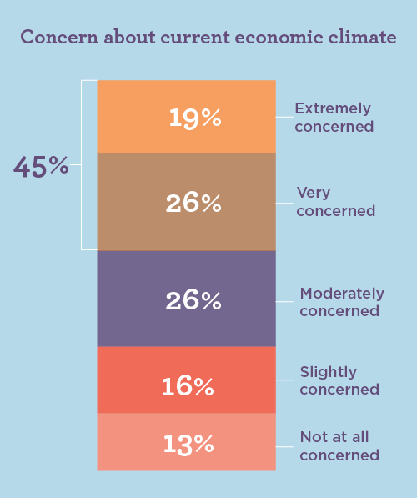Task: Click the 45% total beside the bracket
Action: pyautogui.click(x=40, y=167)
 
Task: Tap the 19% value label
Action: pyautogui.click(x=195, y=118)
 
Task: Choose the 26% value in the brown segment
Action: pyautogui.click(x=193, y=203)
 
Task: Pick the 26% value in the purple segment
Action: pyautogui.click(x=193, y=299)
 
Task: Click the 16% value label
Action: pyautogui.click(x=188, y=386)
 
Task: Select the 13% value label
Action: pyautogui.click(x=188, y=444)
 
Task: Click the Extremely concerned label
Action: pyautogui.click(x=334, y=118)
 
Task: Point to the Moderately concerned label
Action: pyautogui.click(x=341, y=302)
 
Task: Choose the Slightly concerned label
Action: pyautogui.click(x=339, y=380)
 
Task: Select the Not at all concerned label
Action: pyautogui.click(x=339, y=446)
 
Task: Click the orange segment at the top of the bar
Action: pyautogui.click(x=133, y=117)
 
